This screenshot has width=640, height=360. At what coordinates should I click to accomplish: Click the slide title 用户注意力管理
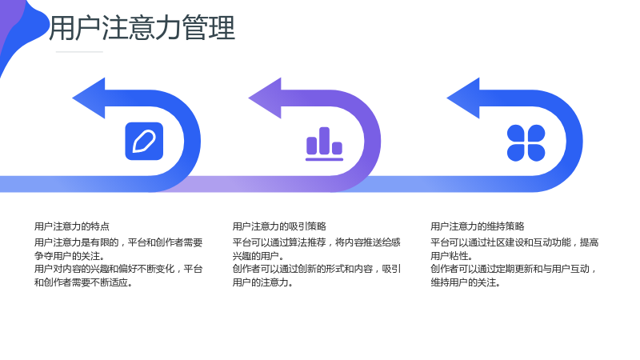click(142, 28)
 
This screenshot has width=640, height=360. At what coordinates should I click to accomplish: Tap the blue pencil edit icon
click(144, 142)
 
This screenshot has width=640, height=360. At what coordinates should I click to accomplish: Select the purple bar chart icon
click(325, 144)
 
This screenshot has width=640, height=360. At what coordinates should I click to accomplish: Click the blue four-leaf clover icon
click(526, 143)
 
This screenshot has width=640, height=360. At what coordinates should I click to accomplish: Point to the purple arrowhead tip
click(249, 98)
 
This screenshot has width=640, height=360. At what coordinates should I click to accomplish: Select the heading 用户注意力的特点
click(72, 226)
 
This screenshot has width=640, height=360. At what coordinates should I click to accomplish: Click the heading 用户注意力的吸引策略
click(279, 226)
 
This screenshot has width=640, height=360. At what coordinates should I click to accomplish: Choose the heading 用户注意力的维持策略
click(477, 226)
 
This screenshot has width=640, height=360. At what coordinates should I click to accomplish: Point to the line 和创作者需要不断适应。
click(84, 282)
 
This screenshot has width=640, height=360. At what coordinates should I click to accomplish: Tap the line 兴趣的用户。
click(258, 256)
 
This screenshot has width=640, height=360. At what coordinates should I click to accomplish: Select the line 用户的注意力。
click(263, 282)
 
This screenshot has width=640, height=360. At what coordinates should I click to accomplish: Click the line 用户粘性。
click(452, 256)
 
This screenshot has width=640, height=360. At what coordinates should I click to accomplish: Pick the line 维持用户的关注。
click(466, 282)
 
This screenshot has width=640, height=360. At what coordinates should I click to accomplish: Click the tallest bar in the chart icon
click(325, 141)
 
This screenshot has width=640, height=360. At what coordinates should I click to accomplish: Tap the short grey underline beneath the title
click(79, 52)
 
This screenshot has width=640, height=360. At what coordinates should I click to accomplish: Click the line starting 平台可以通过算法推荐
click(317, 242)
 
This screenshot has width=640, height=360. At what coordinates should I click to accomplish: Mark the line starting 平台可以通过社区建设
click(514, 242)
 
